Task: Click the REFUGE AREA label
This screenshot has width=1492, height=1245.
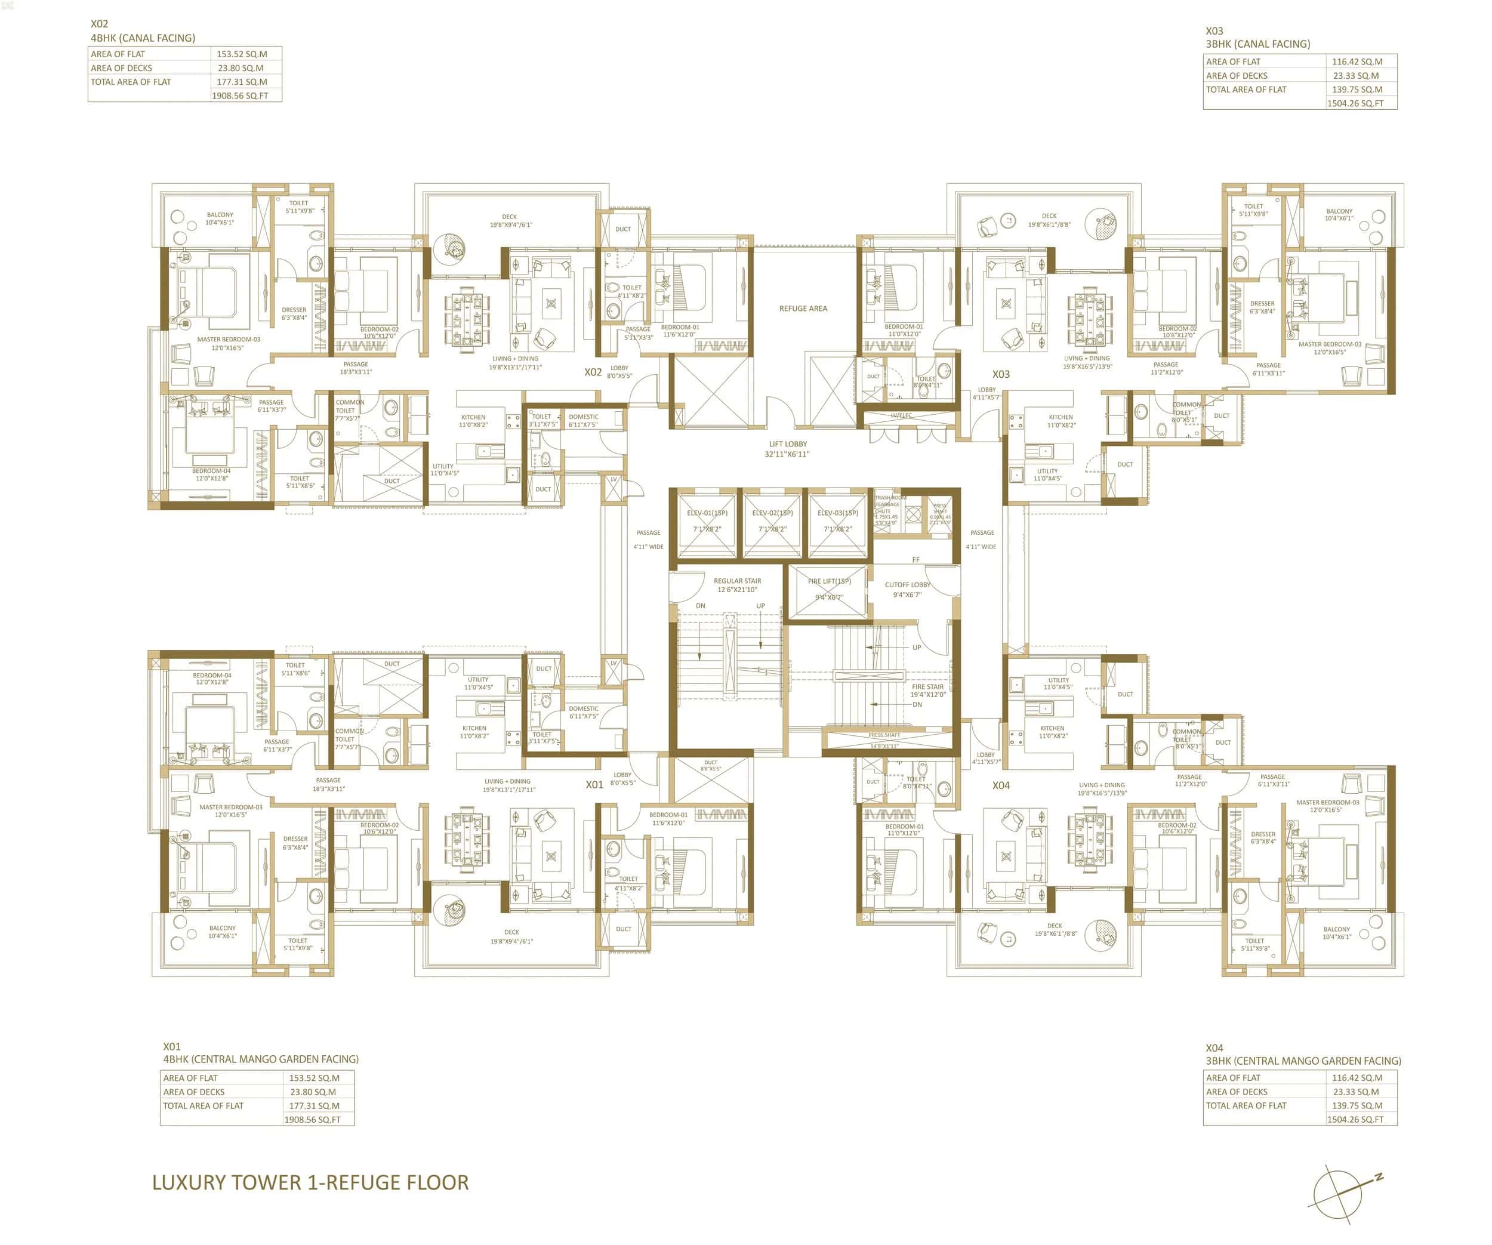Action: [x=803, y=309]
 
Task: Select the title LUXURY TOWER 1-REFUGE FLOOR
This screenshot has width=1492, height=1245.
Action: [x=310, y=1182]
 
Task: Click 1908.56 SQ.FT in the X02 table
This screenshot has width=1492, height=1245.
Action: [x=240, y=95]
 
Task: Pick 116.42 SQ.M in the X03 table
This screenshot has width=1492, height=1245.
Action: [x=1357, y=62]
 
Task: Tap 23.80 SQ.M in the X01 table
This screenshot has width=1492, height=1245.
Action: [x=313, y=1092]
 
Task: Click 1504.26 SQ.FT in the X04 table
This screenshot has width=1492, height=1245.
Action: [x=1355, y=1120]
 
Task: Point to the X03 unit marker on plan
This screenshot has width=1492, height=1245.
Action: [x=1000, y=374]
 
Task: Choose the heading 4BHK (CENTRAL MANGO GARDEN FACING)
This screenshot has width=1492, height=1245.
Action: [x=261, y=1059]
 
